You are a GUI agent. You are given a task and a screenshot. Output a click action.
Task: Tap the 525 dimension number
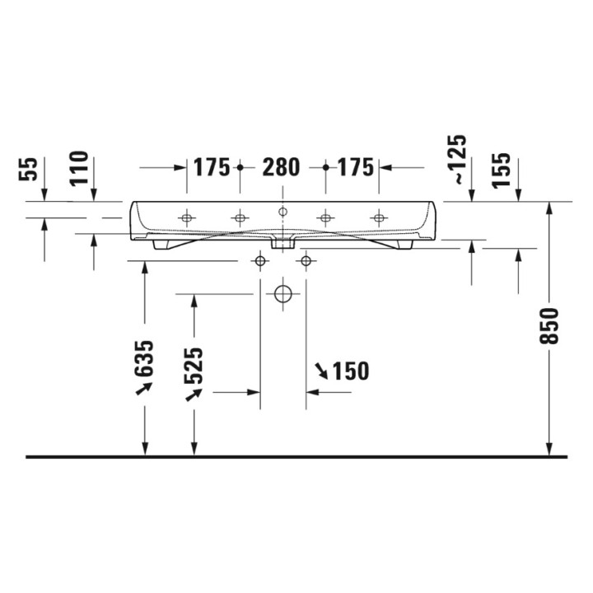coord(194,366)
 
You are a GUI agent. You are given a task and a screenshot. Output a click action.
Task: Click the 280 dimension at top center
coord(281,167)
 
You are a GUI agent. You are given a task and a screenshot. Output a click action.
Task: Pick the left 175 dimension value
coord(212,167)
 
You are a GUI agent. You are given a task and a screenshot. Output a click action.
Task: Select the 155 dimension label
coord(503,170)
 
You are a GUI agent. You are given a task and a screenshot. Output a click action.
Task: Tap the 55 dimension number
coord(29,170)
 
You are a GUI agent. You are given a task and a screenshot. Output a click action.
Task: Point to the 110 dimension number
coord(78,168)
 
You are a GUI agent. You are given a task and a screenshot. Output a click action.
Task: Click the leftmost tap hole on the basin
coord(187,218)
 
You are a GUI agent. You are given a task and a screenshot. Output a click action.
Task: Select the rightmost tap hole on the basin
coord(378,218)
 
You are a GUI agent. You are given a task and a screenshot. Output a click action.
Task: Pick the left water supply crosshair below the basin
coord(260,262)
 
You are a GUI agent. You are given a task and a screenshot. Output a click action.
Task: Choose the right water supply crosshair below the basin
coord(306,262)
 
